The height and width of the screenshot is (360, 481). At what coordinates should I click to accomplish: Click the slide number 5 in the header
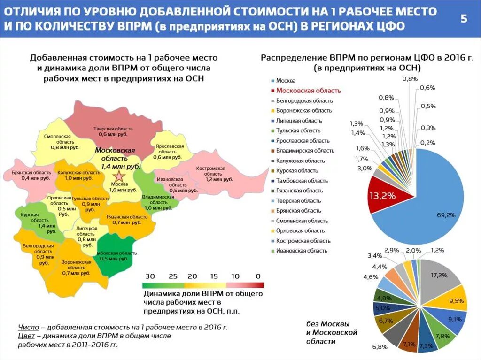[x=464, y=19]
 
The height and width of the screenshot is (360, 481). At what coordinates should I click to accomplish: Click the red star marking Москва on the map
[x=120, y=177]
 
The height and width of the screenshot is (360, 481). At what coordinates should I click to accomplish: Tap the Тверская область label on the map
[x=113, y=131]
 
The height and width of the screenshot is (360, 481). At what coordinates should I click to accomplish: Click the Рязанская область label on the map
[x=127, y=219]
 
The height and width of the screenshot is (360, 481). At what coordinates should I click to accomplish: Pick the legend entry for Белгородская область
[x=304, y=100]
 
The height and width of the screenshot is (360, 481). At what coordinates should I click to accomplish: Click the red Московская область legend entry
[x=308, y=91]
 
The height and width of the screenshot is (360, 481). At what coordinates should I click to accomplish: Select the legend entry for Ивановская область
[x=302, y=251]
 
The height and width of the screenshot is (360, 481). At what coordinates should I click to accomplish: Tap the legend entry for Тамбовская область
[x=302, y=181]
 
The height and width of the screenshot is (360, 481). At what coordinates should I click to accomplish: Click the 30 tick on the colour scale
[x=150, y=276]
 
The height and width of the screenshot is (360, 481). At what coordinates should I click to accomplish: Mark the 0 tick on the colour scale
[x=257, y=276]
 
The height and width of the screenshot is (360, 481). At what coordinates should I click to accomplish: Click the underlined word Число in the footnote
[x=29, y=327]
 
